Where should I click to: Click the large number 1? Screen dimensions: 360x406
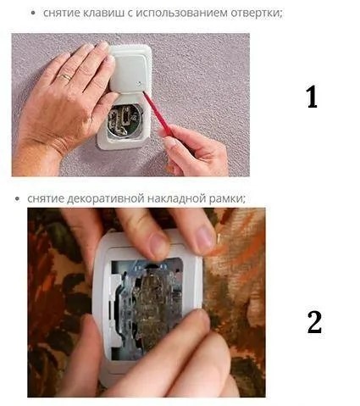click(x=313, y=97)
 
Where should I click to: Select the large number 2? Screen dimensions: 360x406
click(x=314, y=322)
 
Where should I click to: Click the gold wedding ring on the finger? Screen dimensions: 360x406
click(x=65, y=77)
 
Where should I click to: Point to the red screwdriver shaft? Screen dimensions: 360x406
click(x=155, y=111)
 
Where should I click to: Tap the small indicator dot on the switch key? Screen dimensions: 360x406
click(x=139, y=83)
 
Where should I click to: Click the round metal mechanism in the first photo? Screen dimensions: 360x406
click(x=124, y=122)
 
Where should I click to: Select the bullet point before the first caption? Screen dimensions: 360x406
click(x=34, y=14)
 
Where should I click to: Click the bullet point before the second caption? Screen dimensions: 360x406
click(x=18, y=199)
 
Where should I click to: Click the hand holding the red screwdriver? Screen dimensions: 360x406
click(x=195, y=151)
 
